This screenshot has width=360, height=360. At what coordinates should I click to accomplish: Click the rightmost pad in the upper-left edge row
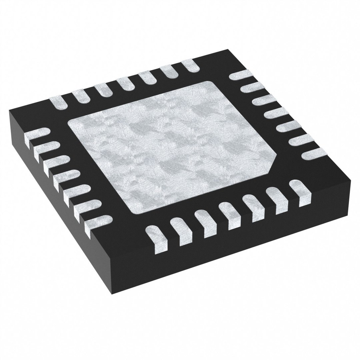pos(192,65)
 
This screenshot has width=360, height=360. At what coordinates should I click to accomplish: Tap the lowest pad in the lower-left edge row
pos(100,223)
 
